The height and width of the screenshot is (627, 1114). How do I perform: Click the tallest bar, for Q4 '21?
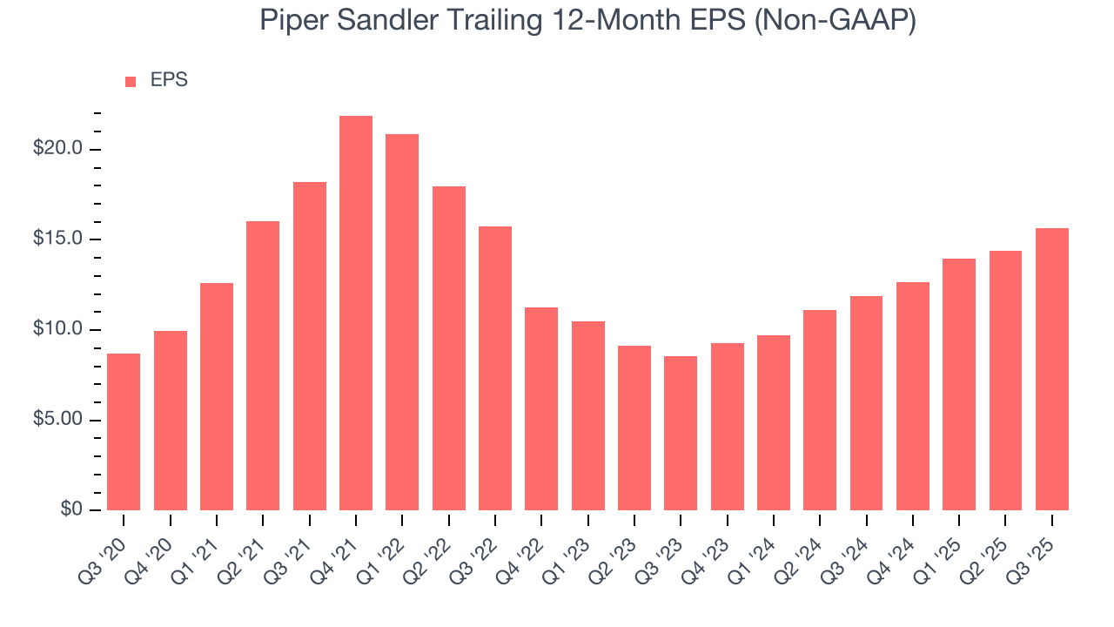356,313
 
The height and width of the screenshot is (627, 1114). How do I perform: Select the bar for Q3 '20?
124,432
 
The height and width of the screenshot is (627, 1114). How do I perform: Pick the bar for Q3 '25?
1052,369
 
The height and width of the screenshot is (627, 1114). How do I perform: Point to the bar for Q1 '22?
402,322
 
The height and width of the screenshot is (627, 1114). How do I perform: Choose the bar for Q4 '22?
541,408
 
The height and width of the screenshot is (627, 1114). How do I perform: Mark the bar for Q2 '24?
820,410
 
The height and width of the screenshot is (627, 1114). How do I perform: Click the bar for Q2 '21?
263,366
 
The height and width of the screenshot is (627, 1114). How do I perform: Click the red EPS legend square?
131,82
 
